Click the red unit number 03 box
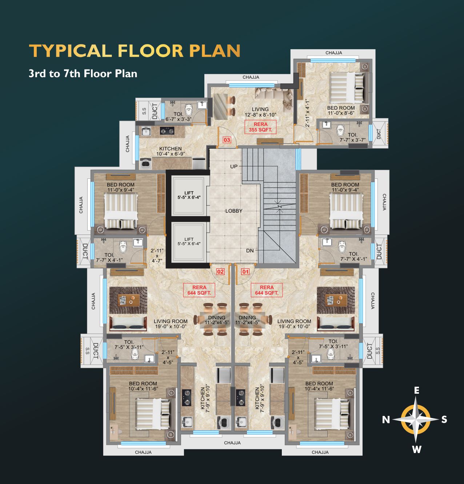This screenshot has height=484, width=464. click(227, 140)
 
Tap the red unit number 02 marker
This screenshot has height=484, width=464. click(220, 272)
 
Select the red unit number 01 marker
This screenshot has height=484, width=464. click(245, 272)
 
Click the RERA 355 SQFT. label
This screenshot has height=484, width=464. click(260, 127)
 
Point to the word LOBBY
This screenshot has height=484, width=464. click(234, 211)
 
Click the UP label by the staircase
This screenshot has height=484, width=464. click(234, 166)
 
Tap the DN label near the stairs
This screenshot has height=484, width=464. click(250, 251)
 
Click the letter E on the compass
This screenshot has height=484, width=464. click(417, 390)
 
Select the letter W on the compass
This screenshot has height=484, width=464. click(417, 449)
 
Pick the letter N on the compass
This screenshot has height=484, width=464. click(386, 420)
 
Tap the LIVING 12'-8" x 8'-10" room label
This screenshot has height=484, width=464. click(260, 112)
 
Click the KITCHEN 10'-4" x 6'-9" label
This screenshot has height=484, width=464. click(171, 151)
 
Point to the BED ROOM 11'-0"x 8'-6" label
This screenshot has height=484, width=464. click(341, 110)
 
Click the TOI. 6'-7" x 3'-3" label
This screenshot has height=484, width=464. click(178, 117)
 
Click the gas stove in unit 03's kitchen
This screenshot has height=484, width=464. click(167, 130)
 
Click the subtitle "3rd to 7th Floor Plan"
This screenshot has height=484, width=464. click(83, 74)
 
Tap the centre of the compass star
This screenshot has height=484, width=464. click(416, 419)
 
